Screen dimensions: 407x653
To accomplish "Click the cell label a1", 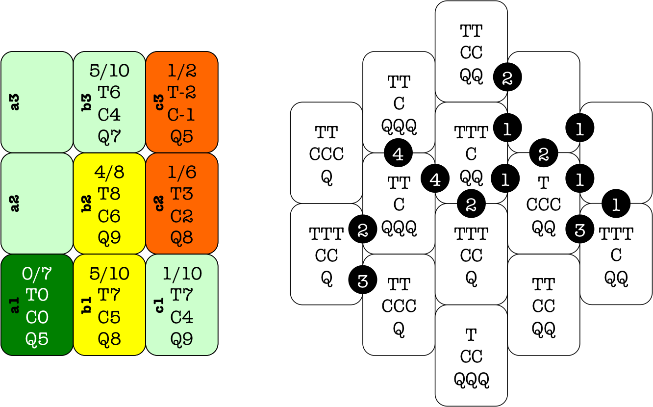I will point(15,305).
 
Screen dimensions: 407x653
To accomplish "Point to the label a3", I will point(15,102).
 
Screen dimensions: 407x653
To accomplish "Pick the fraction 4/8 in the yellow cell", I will point(109,172).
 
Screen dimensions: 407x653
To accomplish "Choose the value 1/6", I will point(182,172).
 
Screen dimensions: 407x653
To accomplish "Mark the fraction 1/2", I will point(182,71).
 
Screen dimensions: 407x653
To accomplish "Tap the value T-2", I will point(182,92).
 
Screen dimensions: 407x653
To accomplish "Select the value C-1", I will point(182,115).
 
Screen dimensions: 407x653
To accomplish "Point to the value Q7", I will point(109,136).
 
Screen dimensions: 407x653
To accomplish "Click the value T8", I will point(109,194).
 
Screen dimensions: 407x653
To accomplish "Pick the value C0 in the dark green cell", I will point(37,318).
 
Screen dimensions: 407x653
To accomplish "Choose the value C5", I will point(109,318).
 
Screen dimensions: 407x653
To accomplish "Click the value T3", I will point(182,194).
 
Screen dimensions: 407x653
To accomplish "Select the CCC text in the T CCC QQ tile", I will point(544,204).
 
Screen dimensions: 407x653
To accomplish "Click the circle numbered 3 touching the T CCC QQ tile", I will point(580,229).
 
